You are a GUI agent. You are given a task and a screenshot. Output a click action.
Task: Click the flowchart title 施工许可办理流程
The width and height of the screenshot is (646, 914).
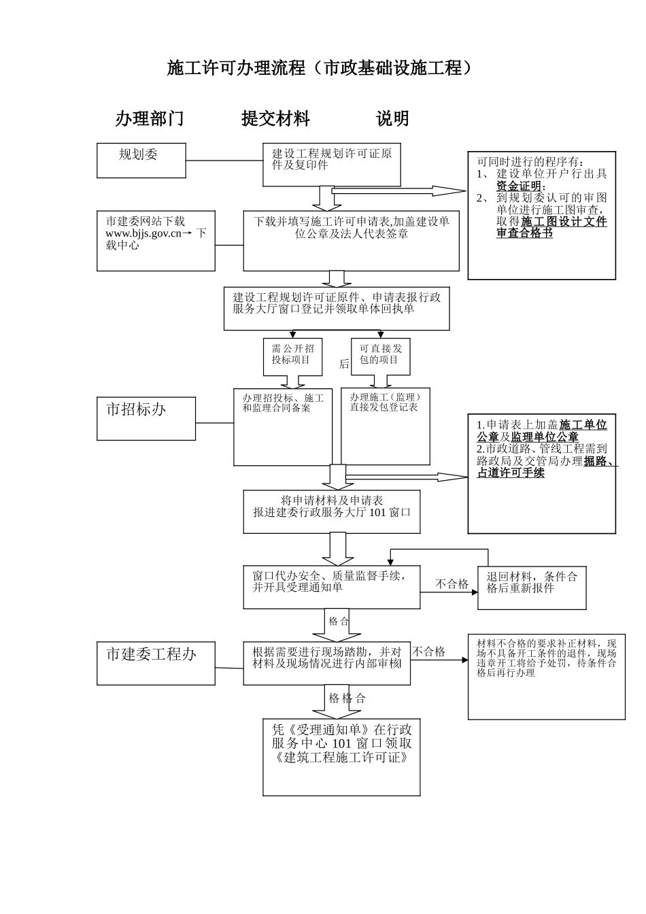click(x=319, y=68)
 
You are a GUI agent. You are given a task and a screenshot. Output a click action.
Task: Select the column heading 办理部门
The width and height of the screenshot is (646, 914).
click(x=150, y=119)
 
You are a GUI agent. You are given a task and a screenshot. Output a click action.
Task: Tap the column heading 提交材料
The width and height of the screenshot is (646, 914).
click(x=275, y=119)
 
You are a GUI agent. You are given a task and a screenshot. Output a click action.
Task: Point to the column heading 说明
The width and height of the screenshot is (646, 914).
click(x=392, y=119)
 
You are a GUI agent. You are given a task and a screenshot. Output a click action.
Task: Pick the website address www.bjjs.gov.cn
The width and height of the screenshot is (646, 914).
click(x=143, y=233)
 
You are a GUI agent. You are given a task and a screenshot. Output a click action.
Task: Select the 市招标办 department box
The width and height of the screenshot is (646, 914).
click(x=146, y=418)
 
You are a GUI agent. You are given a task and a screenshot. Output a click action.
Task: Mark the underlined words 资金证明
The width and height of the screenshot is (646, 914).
click(x=519, y=186)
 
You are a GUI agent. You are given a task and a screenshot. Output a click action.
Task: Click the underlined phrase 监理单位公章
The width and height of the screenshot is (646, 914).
click(x=545, y=437)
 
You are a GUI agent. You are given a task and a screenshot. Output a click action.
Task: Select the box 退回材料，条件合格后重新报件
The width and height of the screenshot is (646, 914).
click(x=532, y=588)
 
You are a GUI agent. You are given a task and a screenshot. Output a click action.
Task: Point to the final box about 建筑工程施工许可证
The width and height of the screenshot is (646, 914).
click(x=341, y=757)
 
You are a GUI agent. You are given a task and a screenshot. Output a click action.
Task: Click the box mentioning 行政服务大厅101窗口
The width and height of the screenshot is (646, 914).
click(x=332, y=511)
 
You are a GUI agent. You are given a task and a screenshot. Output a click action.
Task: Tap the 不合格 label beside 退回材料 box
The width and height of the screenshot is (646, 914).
click(x=452, y=583)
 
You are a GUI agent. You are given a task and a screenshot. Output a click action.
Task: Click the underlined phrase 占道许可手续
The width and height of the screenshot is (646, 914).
click(x=511, y=473)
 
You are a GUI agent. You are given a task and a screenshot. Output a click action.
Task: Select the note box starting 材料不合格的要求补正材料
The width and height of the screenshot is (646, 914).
click(x=546, y=676)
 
